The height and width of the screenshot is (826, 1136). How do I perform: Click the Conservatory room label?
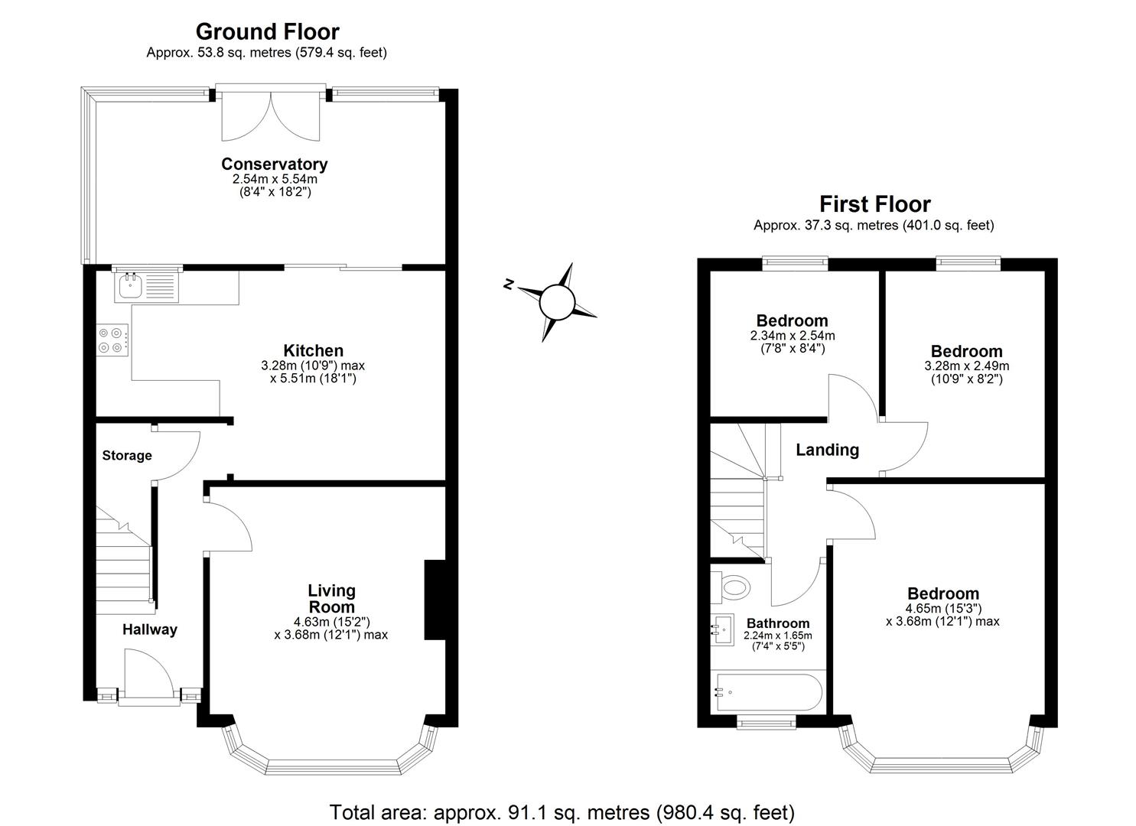pos(274,164)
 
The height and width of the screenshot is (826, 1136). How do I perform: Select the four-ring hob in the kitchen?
pos(112,340)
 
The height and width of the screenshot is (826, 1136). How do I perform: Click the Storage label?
pos(127,456)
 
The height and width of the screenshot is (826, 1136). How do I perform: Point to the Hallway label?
pos(150,629)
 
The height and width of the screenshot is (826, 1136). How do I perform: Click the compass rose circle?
pos(556,301)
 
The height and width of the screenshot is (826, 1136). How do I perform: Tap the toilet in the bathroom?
pos(733,587)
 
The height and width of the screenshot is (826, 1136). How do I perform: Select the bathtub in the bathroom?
pos(767,692)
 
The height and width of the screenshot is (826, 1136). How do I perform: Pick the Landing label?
pos(827,450)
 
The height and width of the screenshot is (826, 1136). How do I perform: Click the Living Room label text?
pos(331,599)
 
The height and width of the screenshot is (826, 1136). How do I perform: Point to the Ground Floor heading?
pos(267,31)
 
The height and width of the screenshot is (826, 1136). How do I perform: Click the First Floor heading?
pos(874,204)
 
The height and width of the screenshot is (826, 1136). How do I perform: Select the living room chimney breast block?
pos(435,600)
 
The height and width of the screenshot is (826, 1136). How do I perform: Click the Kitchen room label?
pos(313,351)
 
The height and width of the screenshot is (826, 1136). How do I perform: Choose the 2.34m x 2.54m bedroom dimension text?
pos(792,336)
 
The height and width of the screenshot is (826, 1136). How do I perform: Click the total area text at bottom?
pos(561,811)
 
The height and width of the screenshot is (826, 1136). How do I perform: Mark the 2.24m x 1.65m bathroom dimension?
pos(777,636)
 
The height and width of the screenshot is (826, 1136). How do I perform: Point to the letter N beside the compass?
pos(508,285)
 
